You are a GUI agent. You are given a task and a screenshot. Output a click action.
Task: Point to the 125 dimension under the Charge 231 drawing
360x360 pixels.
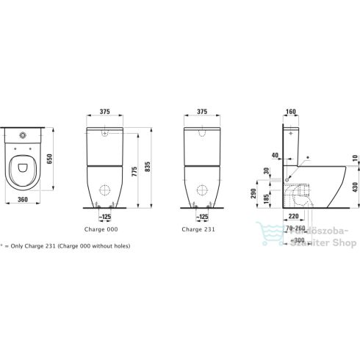click(x=202, y=218)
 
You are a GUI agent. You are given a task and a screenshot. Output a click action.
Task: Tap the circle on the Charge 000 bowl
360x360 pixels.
click(x=105, y=186)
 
